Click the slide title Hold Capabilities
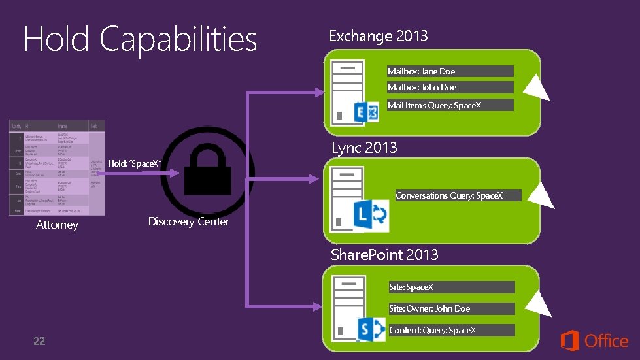[140, 39]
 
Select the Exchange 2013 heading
[378, 36]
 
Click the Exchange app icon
[366, 112]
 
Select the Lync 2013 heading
[364, 148]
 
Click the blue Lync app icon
[370, 216]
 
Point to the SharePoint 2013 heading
[384, 254]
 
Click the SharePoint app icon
[371, 329]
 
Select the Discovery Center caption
[188, 221]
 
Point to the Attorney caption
[57, 225]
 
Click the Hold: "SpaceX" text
[135, 163]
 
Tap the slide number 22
[39, 341]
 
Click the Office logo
[594, 340]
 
